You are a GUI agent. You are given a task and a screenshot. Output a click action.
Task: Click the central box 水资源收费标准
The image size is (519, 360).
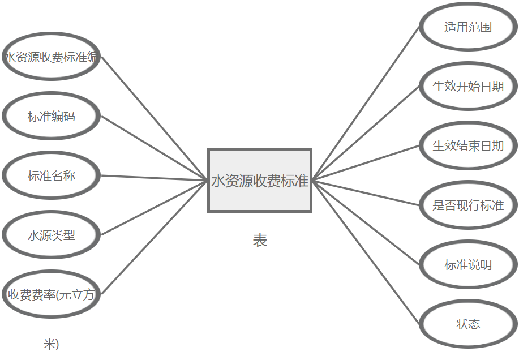pyautogui.click(x=260, y=180)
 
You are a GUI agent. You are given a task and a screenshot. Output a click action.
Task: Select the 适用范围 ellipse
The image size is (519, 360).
pyautogui.click(x=468, y=27)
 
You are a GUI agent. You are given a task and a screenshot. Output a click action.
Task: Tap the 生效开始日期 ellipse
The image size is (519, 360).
pyautogui.click(x=468, y=87)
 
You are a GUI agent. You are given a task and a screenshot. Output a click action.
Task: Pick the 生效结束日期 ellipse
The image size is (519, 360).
pyautogui.click(x=468, y=146)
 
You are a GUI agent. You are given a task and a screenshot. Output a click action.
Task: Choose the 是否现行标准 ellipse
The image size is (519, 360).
pyautogui.click(x=468, y=205)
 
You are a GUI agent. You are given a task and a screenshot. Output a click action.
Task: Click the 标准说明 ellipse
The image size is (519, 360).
pyautogui.click(x=468, y=265)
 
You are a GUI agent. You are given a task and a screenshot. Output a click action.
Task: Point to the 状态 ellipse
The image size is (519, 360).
pyautogui.click(x=468, y=324)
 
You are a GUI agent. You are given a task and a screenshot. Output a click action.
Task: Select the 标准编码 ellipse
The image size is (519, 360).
pyautogui.click(x=51, y=117)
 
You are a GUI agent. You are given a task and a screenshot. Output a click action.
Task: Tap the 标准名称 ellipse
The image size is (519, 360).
pyautogui.click(x=51, y=176)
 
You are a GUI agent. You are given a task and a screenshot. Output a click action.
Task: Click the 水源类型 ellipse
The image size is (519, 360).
pyautogui.click(x=51, y=235)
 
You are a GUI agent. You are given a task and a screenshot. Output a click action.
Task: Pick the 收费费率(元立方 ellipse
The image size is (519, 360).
pyautogui.click(x=51, y=295)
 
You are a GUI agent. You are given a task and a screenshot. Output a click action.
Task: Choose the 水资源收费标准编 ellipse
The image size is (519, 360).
pyautogui.click(x=51, y=57)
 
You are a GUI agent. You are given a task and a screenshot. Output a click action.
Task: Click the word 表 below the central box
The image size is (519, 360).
pyautogui.click(x=260, y=241)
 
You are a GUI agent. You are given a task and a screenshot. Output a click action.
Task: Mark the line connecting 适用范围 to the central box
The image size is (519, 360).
pyautogui.click(x=366, y=103)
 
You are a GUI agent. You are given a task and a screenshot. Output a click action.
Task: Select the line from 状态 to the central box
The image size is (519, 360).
pyautogui.click(x=366, y=252)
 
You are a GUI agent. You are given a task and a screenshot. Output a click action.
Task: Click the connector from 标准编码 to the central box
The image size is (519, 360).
pyautogui.click(x=154, y=148)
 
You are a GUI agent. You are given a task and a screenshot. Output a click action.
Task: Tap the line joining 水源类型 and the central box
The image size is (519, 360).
pyautogui.click(x=154, y=208)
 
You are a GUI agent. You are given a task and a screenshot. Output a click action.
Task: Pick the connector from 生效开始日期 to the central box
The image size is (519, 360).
pyautogui.click(x=366, y=133)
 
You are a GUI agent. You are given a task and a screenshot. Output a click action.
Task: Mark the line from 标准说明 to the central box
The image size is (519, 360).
pyautogui.click(x=366, y=222)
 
